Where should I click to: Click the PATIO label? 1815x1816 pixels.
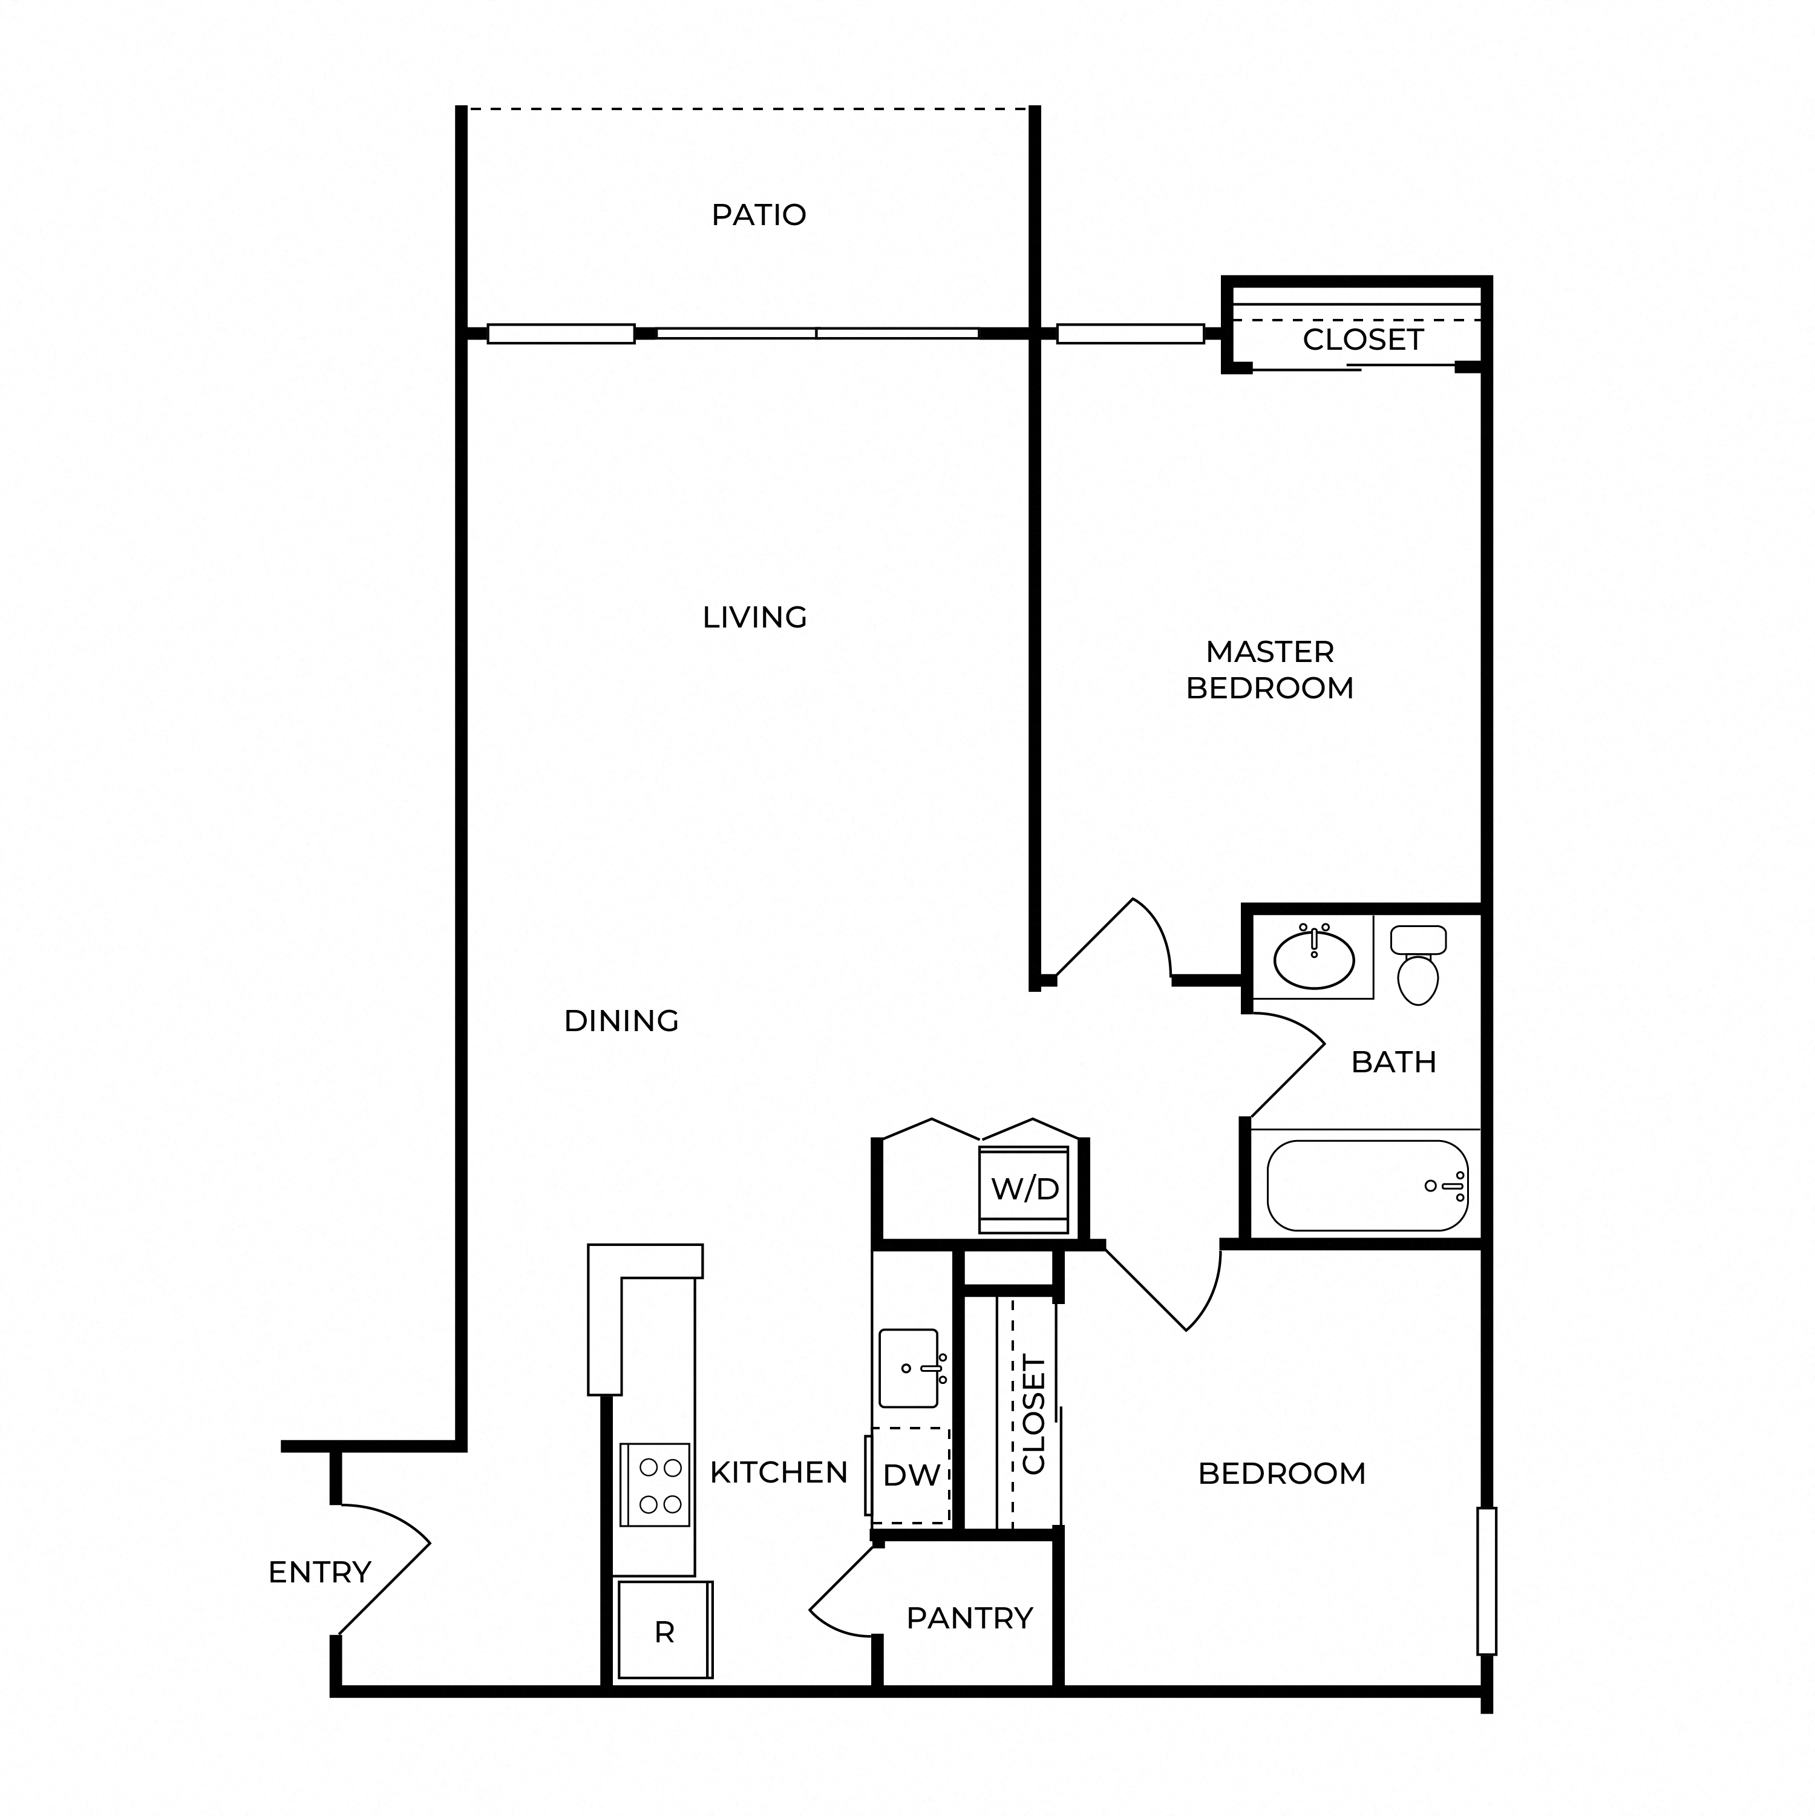click(759, 215)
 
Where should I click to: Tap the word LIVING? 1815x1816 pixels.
click(755, 618)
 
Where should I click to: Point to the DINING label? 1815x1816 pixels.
click(621, 1021)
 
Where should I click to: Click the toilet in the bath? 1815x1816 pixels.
click(1418, 965)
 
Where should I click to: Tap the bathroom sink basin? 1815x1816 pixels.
click(1314, 959)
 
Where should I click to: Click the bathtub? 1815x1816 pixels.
click(1367, 1185)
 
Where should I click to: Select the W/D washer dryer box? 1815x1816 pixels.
click(1024, 1189)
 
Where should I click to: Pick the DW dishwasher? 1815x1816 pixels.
click(911, 1475)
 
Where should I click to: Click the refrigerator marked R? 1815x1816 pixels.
click(664, 1630)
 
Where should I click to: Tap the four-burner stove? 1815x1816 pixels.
click(655, 1485)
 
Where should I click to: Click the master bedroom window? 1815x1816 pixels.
click(1131, 333)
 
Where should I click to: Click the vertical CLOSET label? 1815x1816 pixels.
click(1034, 1415)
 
